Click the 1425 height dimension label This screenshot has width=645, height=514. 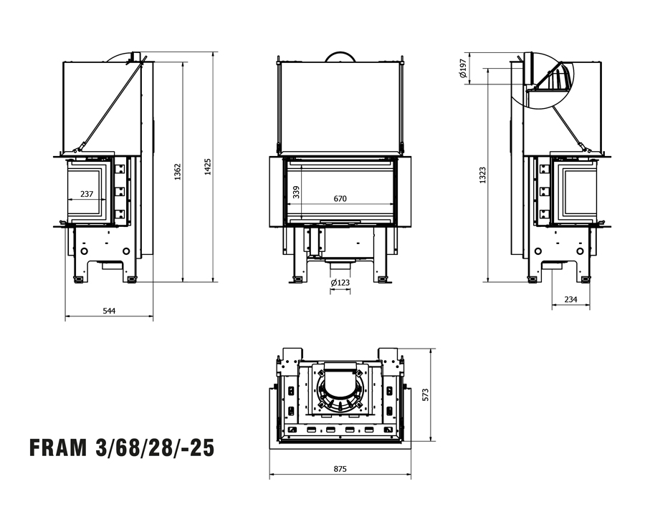(x=209, y=168)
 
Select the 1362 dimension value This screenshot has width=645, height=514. (x=178, y=171)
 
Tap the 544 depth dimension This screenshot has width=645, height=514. (x=109, y=310)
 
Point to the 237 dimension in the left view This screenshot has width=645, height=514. (x=86, y=193)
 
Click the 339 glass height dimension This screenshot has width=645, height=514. (x=295, y=192)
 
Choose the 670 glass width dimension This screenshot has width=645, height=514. (x=340, y=199)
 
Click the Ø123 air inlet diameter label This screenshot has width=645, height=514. (x=340, y=283)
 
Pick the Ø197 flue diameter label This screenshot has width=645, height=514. (x=462, y=68)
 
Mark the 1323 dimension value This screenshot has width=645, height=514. (x=482, y=176)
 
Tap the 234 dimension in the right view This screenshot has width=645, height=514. (x=570, y=300)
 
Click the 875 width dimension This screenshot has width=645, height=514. (x=340, y=469)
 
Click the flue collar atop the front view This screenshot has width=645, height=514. (x=340, y=56)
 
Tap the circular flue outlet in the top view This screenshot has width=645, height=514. (x=340, y=391)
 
